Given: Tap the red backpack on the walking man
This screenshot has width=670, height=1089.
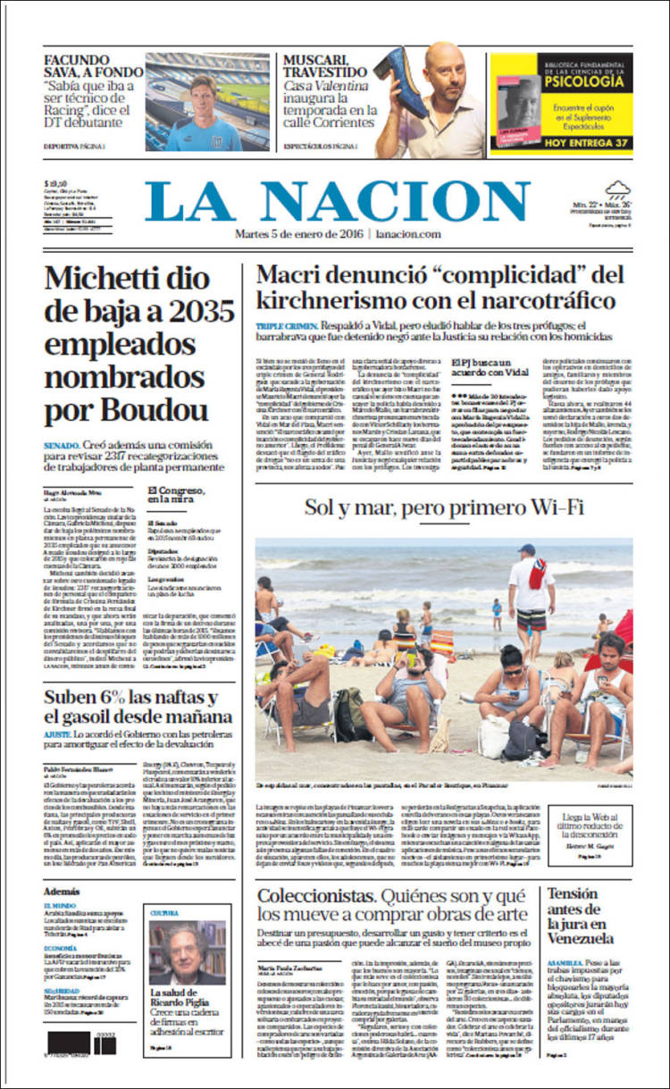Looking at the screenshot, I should [x=537, y=574].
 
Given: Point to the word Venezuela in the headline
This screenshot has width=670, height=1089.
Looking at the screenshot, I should [x=581, y=939].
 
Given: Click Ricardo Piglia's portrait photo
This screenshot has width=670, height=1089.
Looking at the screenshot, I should [x=188, y=952].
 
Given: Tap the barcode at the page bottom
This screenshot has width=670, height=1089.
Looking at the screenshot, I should [x=81, y=1042].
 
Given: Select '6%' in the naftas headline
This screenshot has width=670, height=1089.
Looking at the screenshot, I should [x=111, y=697].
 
